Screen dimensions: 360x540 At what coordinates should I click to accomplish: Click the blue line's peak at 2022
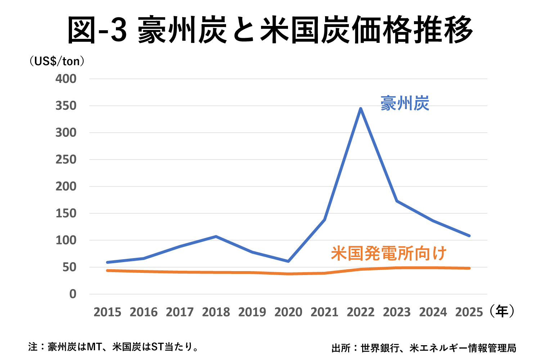[x=360, y=109]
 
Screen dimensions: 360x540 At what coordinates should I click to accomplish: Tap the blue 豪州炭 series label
[x=405, y=103]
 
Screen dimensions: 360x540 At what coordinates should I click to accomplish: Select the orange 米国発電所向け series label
[x=388, y=253]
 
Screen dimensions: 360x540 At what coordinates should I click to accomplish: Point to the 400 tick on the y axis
[x=66, y=79]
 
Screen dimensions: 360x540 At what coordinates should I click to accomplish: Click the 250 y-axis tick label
[x=66, y=159]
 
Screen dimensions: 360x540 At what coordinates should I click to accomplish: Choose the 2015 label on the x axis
[x=107, y=312]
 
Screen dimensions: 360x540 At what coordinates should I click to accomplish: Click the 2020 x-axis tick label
[x=288, y=312]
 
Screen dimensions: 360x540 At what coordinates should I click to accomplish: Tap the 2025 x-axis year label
[x=469, y=312]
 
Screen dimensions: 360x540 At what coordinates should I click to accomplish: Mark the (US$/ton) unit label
[x=57, y=61]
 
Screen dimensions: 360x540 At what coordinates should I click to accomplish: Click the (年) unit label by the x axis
[x=502, y=311]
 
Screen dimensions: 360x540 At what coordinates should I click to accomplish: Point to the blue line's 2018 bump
[x=216, y=237]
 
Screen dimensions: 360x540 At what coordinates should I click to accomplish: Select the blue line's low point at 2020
[x=288, y=261]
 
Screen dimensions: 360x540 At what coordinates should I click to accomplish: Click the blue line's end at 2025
[x=469, y=236]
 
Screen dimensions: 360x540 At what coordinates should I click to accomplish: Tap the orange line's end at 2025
[x=469, y=268]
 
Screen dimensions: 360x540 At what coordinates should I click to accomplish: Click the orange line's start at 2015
[x=107, y=270]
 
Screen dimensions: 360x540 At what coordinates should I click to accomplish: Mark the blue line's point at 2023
[x=397, y=201]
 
